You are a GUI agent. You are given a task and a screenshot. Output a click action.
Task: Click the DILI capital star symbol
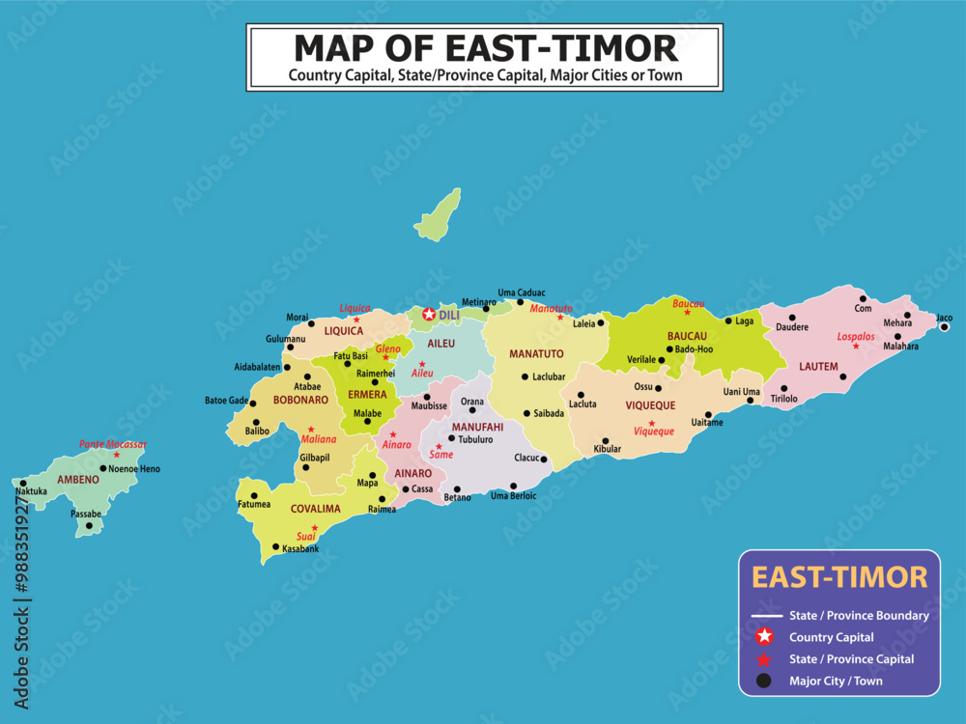[429, 315]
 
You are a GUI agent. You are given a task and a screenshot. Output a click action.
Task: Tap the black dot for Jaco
[945, 327]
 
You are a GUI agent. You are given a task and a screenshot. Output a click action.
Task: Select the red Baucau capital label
[689, 303]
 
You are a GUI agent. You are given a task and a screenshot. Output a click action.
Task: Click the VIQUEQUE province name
[650, 406]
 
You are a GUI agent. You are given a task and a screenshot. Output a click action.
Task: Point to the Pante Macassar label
[113, 444]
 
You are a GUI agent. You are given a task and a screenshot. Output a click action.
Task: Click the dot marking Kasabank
[276, 547]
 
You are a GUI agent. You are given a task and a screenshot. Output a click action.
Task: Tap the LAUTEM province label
[818, 367]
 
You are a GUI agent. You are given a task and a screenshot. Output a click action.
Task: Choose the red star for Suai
[315, 527]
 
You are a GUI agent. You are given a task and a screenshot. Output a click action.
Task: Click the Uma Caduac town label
[522, 292]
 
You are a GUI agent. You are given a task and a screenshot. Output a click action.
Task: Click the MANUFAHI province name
[477, 427]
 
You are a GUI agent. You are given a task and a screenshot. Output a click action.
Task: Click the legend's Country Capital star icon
[764, 637]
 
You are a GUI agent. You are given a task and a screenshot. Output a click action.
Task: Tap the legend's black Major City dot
[764, 681]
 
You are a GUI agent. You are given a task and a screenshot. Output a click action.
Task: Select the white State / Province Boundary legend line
[766, 615]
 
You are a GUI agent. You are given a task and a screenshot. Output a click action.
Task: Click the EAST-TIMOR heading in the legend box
[839, 577]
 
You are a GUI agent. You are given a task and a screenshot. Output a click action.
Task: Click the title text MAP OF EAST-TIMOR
[485, 47]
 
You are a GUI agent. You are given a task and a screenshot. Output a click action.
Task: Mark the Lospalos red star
[854, 346]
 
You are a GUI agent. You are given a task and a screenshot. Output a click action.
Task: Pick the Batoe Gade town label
[226, 400]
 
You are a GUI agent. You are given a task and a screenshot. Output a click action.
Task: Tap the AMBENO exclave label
[77, 480]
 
